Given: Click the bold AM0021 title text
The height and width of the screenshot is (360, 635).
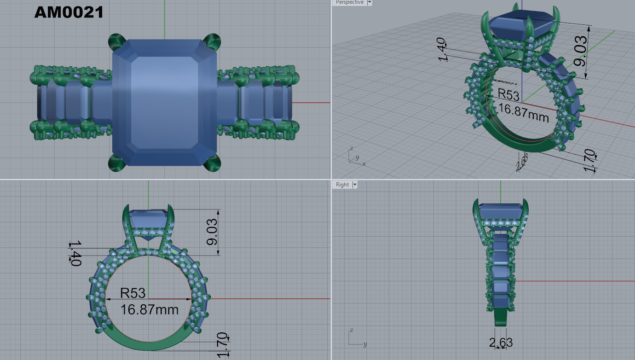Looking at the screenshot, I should (x=69, y=12).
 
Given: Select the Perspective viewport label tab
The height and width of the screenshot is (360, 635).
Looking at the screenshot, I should (x=349, y=2).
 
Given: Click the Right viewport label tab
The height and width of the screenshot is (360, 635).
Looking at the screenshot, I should (x=342, y=185).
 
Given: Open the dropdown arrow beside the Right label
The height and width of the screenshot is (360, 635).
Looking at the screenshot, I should (x=355, y=185).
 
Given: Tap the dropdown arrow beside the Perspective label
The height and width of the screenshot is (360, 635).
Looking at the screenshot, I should (x=369, y=2).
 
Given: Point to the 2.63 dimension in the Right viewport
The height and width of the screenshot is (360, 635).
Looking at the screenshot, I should (x=501, y=343).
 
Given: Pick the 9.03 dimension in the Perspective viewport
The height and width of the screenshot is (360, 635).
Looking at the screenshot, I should (x=581, y=51).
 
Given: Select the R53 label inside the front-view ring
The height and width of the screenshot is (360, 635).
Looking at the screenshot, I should (x=133, y=293).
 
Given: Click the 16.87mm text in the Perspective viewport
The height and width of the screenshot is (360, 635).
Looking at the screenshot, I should (x=524, y=112).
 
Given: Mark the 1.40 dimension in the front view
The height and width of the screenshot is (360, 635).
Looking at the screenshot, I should (x=75, y=253).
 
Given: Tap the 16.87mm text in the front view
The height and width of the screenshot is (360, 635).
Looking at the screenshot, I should (x=149, y=309).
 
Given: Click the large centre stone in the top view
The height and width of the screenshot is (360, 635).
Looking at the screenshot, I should (x=164, y=102).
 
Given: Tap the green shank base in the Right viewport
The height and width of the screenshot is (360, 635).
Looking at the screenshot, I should (x=501, y=318).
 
